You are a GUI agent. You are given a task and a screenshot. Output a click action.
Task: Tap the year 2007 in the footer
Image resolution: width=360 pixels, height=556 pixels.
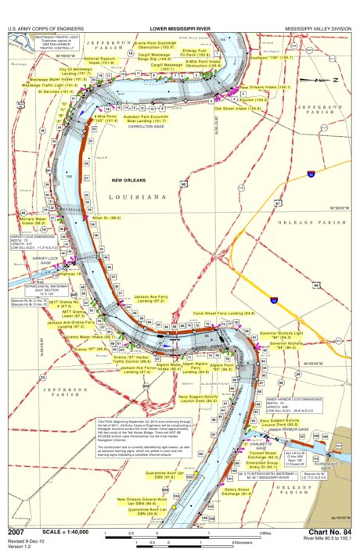pos(17,533)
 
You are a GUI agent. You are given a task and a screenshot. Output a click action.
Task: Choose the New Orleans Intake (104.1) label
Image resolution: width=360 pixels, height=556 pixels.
pos(265,87)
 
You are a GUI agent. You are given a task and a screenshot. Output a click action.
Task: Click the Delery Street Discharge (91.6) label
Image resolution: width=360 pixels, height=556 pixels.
pos(236,492)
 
